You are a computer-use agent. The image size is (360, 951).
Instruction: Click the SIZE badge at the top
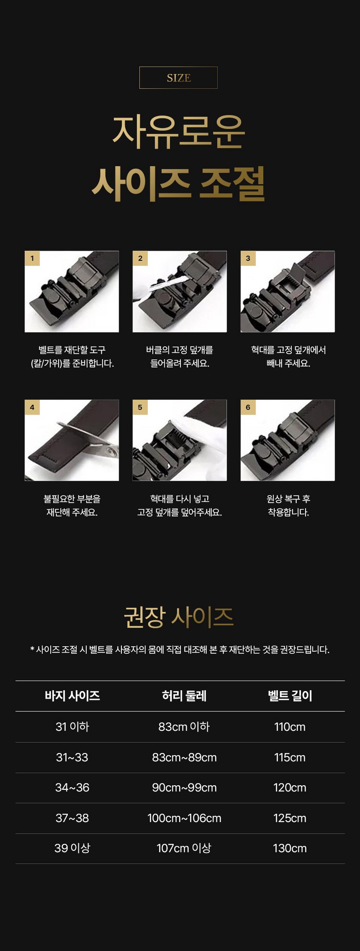point(178,78)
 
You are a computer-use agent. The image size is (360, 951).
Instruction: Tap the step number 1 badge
point(32,258)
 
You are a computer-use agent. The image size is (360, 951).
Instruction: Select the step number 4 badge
point(32,407)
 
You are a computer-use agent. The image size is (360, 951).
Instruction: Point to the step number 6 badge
point(248,407)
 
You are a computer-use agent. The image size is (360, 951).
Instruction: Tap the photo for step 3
point(288,291)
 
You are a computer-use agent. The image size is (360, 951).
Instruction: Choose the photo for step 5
point(180,440)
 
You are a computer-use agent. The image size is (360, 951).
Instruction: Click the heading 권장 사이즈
point(179,617)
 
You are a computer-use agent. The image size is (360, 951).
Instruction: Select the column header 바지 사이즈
point(72,696)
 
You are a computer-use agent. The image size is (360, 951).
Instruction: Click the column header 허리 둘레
point(184,696)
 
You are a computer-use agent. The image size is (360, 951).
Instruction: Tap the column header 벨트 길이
point(290,696)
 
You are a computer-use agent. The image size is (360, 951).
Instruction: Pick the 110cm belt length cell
point(290,727)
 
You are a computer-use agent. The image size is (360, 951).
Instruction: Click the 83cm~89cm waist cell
point(184,757)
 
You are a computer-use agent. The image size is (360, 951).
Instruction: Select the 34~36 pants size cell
point(72,788)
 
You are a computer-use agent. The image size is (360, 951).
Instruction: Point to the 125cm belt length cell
point(290,818)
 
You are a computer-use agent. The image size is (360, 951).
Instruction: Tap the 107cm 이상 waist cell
point(184,848)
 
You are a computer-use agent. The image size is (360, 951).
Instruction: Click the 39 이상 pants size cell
point(72,848)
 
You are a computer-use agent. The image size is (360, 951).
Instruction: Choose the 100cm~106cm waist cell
point(184,818)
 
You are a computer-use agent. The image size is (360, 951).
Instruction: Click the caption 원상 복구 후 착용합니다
point(288,506)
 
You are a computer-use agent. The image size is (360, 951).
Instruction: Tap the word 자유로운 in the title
point(179,132)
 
